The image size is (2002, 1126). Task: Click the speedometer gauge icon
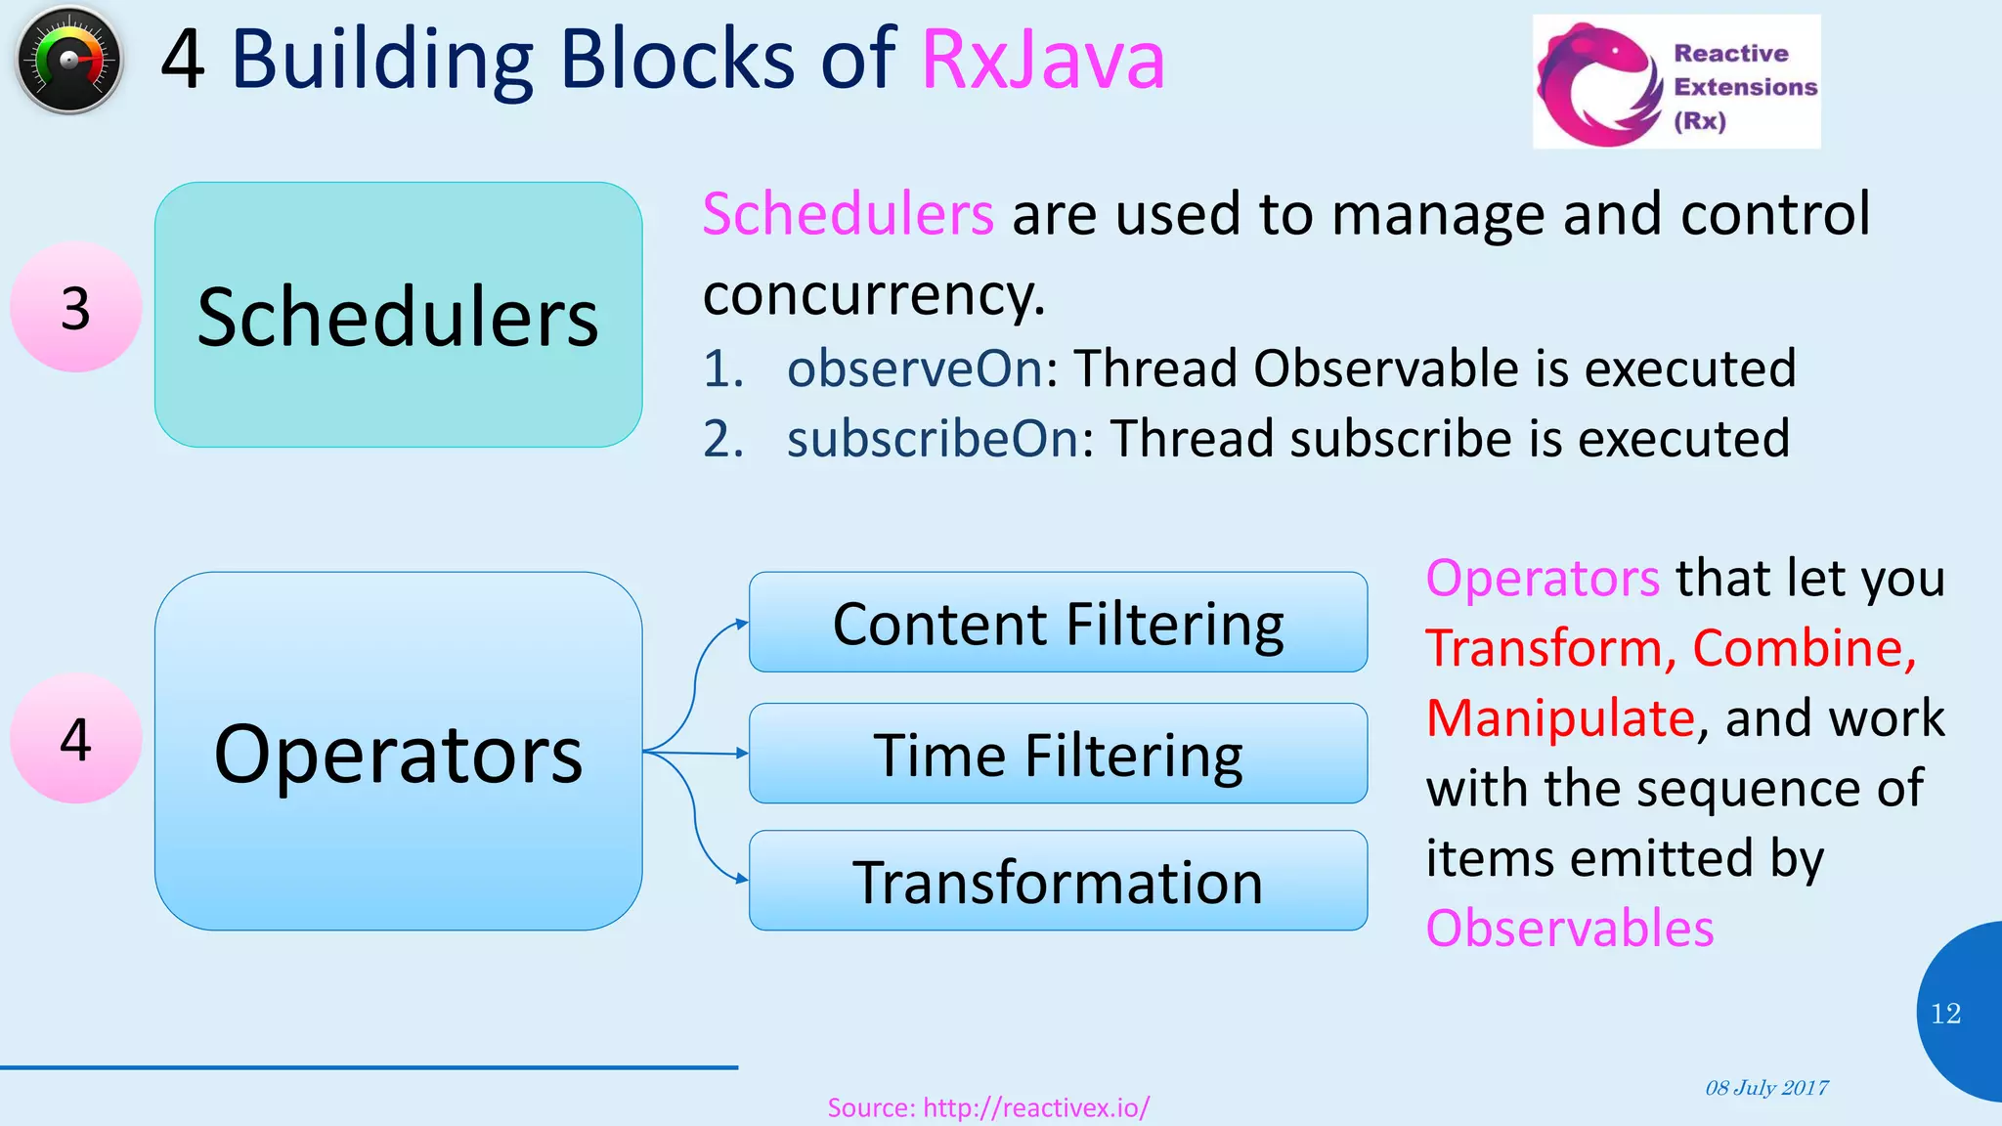coord(69,60)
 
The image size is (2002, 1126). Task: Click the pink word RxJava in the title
coord(1042,61)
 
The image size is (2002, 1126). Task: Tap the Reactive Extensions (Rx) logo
coord(1676,82)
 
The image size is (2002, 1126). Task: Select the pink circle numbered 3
coord(75,308)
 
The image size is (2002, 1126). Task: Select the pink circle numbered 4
coord(75,739)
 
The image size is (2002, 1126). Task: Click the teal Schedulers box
coord(398,315)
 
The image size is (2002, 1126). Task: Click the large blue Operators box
coord(398,751)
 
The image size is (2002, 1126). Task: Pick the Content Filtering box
coord(1058,623)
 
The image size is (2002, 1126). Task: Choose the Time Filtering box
coord(1058,754)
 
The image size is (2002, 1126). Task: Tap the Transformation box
coord(1058,881)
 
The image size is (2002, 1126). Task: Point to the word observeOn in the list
coord(915,368)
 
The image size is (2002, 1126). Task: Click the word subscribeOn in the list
coord(933,439)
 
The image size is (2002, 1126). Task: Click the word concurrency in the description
coord(873,294)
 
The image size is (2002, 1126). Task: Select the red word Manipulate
coord(1560,718)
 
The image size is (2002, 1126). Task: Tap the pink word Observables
coord(1569,928)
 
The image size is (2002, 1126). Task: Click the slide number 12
coord(1945,1014)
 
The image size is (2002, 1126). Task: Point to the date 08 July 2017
coord(1766,1088)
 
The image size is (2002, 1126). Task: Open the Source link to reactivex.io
coord(988,1107)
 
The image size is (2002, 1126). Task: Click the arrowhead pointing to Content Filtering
coord(742,623)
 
